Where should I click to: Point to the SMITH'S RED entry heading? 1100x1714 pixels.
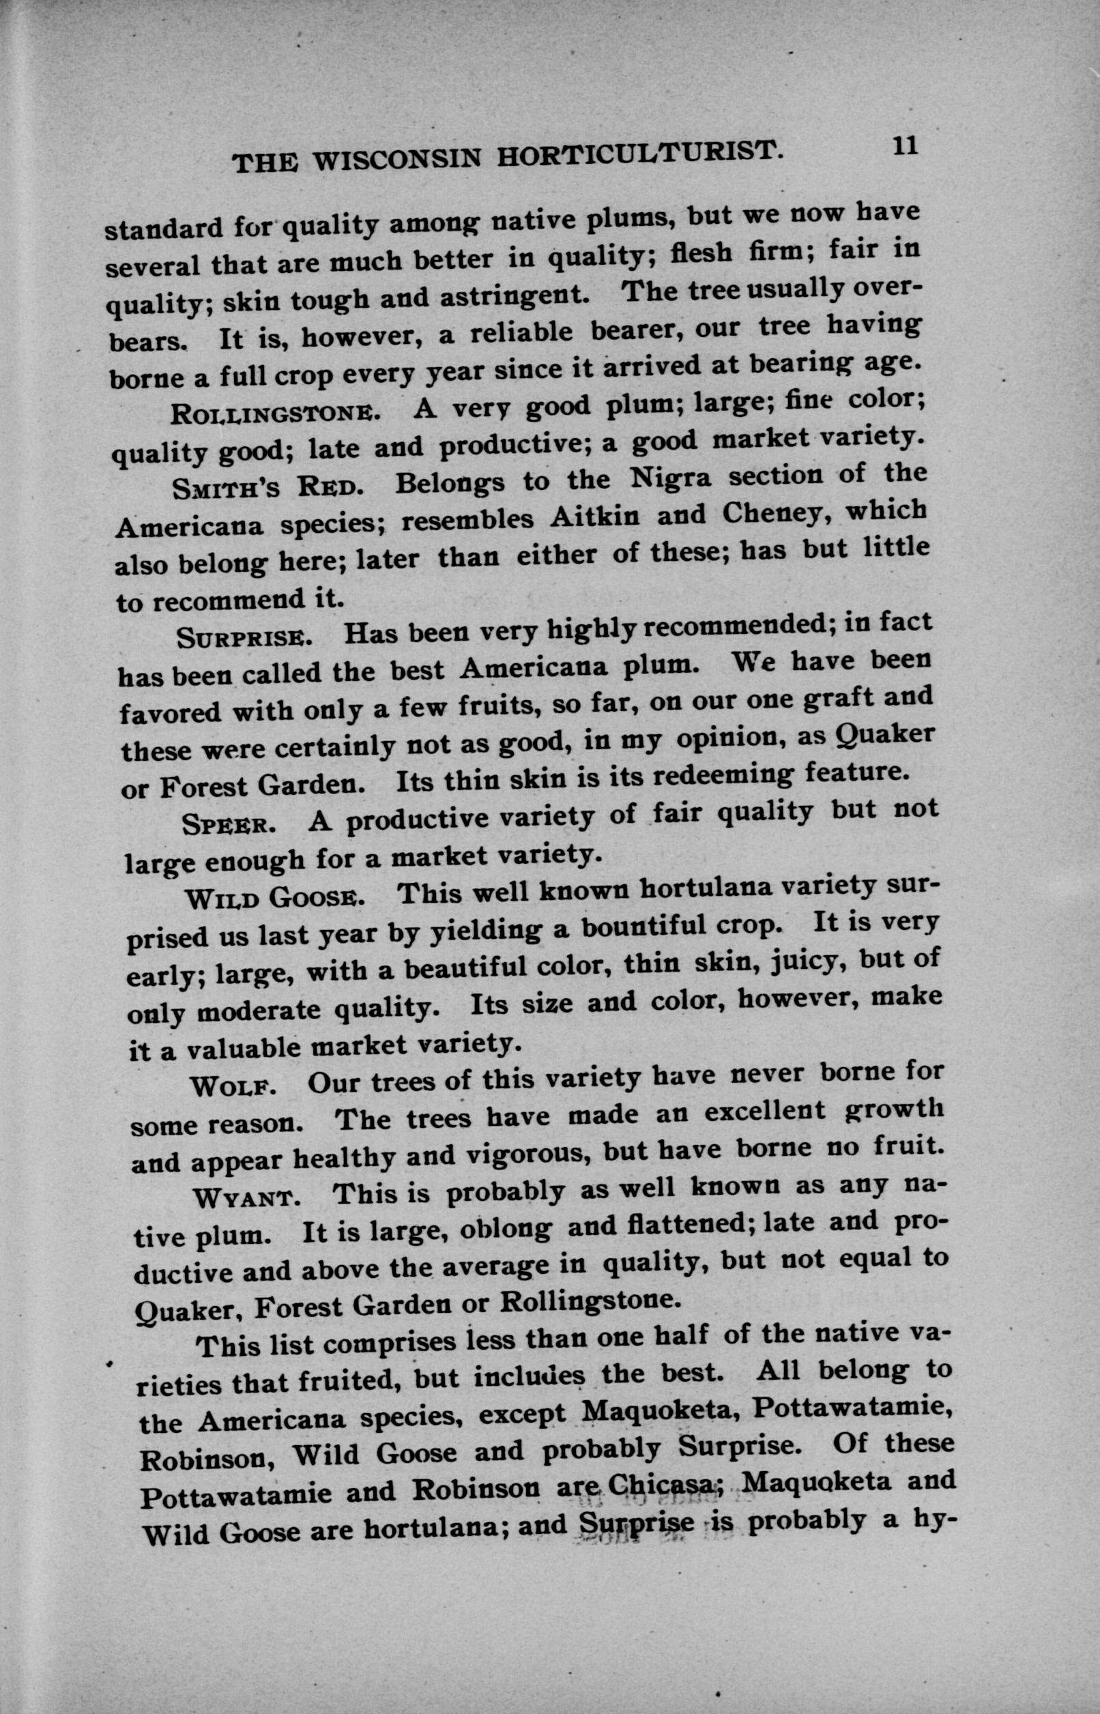click(x=263, y=489)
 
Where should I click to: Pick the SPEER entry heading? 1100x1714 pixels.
click(x=225, y=826)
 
